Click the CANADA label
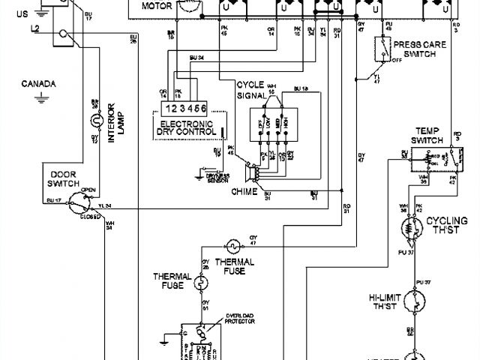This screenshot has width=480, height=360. (35, 83)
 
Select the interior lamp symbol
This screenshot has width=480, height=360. (95, 120)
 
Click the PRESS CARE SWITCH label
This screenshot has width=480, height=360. (420, 49)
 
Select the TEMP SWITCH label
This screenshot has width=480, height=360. (430, 136)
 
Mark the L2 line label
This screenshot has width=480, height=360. (36, 28)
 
